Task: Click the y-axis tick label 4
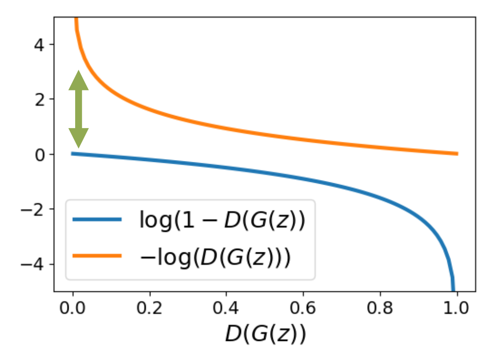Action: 39,45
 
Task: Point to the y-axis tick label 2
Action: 39,99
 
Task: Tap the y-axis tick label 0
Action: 39,154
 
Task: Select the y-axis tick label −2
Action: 35,209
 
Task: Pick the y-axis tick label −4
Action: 35,264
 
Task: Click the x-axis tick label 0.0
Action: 72,308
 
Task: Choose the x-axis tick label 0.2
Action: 149,308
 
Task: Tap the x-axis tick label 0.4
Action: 226,308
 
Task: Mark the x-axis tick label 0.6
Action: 303,308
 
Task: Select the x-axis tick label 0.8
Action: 380,308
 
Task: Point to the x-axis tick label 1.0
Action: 457,308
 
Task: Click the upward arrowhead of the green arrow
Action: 78,81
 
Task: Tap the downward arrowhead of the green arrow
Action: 78,138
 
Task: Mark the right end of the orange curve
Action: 457,154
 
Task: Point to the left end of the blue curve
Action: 72,154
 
